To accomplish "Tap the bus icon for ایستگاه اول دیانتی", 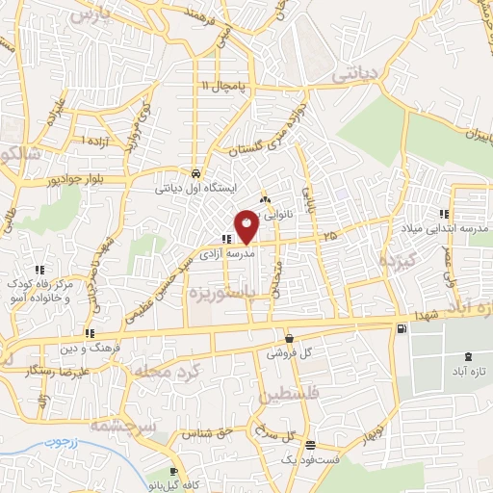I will (196, 174).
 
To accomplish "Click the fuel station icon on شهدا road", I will (401, 329).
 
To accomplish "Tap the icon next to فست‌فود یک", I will (310, 446).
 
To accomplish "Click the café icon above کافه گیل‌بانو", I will (173, 472).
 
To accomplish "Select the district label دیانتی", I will (356, 73).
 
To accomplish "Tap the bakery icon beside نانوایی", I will (265, 199).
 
